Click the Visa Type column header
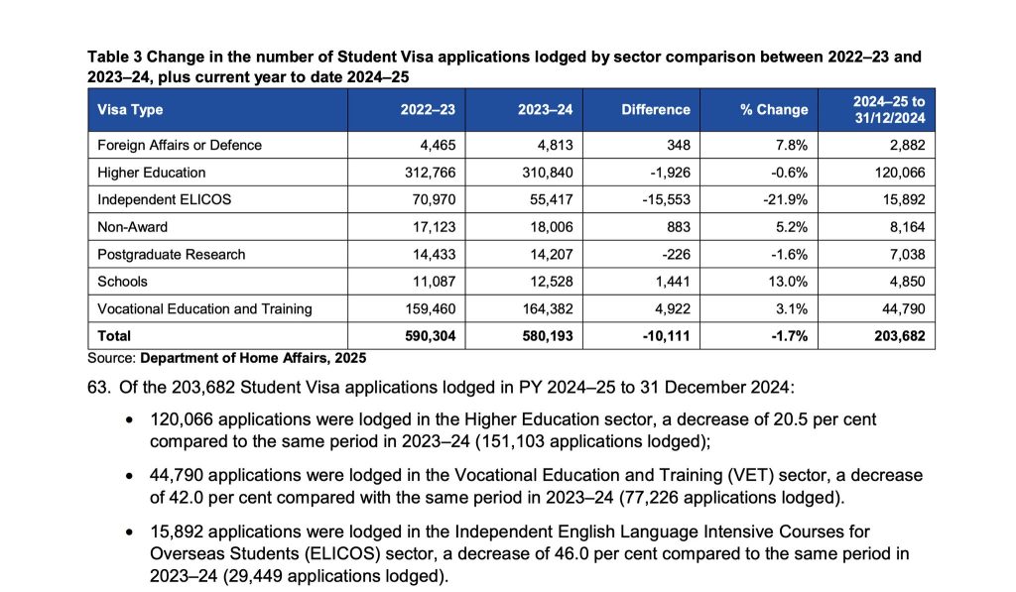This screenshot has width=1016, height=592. click(x=131, y=109)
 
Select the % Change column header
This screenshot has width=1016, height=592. click(x=774, y=109)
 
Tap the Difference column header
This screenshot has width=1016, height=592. click(x=655, y=109)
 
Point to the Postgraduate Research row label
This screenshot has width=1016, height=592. click(x=171, y=254)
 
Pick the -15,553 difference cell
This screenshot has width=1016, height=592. click(x=662, y=199)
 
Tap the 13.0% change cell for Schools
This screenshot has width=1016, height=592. click(x=789, y=282)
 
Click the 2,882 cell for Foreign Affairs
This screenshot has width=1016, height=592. click(x=907, y=145)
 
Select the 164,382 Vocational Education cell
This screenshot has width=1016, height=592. click(x=546, y=308)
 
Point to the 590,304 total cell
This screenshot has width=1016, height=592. click(x=427, y=336)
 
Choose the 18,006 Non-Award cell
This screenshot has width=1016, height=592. click(x=552, y=227)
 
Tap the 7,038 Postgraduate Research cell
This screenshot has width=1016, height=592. click(x=907, y=254)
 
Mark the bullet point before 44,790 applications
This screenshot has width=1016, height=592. click(x=133, y=476)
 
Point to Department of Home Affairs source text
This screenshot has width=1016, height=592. click(x=253, y=357)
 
